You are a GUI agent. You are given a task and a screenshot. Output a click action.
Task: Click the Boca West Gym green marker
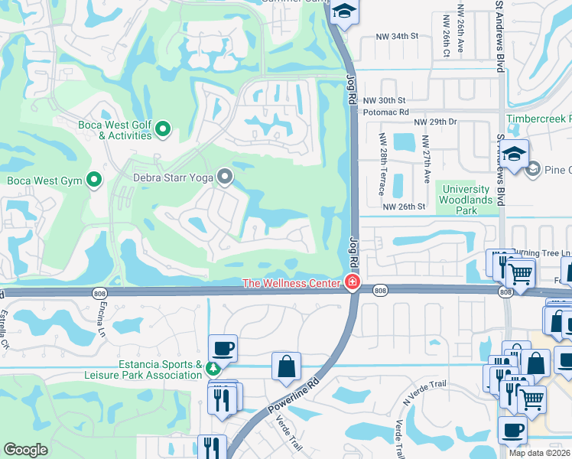pos(94,181)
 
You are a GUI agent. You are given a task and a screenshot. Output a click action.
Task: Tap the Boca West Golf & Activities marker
pos(162,130)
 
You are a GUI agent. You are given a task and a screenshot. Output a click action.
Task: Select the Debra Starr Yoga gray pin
pos(224,177)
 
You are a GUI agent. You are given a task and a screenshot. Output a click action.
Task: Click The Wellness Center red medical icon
pos(352,283)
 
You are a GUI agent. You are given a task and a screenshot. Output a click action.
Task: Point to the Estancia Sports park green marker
pos(213,369)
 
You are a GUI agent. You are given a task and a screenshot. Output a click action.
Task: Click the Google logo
pos(25,450)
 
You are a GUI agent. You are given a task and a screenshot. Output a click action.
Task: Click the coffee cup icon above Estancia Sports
pos(223,348)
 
